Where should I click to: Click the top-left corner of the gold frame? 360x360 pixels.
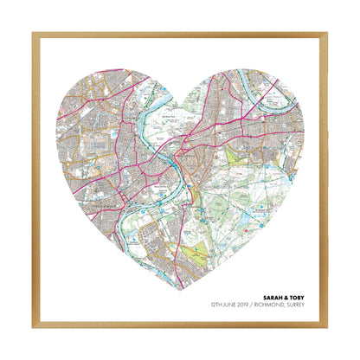point(33,33)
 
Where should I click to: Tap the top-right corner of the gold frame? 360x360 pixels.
point(328,33)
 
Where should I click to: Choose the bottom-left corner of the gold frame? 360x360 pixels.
point(33,328)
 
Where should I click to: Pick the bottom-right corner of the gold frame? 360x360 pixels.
point(328,328)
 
